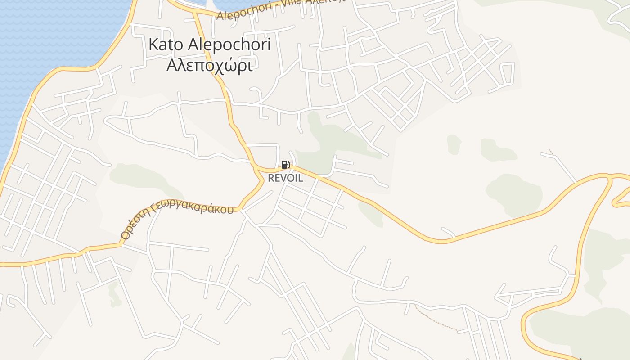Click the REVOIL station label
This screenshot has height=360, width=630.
[285, 178]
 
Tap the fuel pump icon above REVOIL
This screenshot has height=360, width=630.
[285, 165]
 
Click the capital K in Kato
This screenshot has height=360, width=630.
[153, 45]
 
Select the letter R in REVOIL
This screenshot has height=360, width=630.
[271, 178]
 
